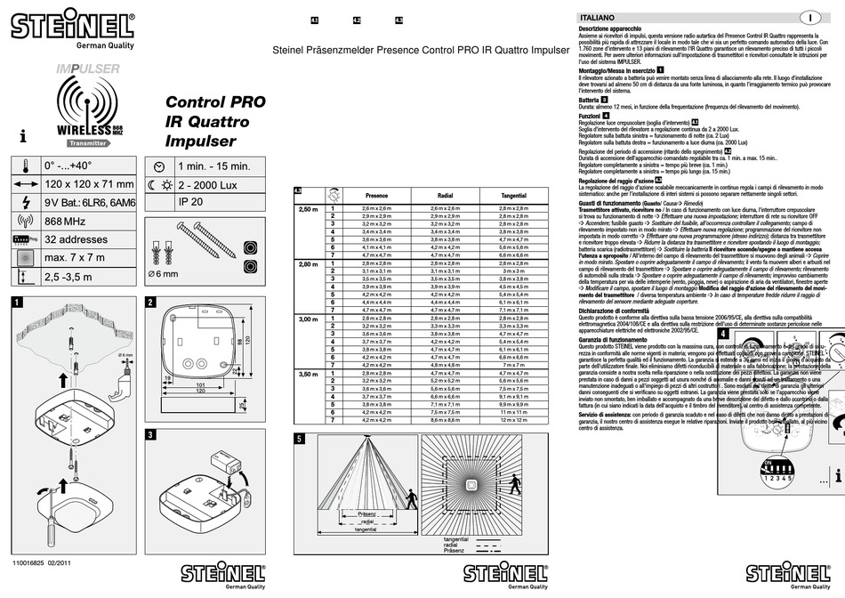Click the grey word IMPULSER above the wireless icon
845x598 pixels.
click(87, 69)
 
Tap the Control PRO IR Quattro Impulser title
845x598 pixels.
click(214, 122)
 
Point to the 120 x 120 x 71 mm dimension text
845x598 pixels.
click(90, 184)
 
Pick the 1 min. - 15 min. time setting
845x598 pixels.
click(214, 166)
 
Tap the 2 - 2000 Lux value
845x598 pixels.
click(211, 184)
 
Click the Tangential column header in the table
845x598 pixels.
click(513, 194)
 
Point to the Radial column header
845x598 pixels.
click(447, 194)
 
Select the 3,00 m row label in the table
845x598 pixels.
click(307, 319)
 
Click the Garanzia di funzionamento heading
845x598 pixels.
click(613, 340)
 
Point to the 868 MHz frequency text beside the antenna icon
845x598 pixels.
click(69, 221)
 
